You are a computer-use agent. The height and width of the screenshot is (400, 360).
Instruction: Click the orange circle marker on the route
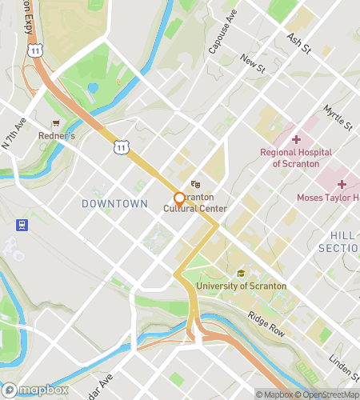click(x=179, y=198)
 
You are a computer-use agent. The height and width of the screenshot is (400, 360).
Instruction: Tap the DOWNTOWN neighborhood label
click(x=114, y=204)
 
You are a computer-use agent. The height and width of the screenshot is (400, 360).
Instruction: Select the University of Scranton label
click(x=240, y=286)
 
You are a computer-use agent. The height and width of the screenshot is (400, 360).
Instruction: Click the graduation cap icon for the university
click(x=240, y=274)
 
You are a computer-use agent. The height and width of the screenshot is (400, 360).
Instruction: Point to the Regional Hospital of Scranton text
click(x=295, y=158)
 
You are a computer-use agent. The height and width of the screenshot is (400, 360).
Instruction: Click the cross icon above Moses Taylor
click(x=341, y=184)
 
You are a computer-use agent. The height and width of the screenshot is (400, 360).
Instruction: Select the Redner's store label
click(x=56, y=136)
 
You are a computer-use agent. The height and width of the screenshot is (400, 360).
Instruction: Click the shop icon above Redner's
click(x=55, y=123)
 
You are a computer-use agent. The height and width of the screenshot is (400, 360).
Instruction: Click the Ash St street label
click(x=298, y=44)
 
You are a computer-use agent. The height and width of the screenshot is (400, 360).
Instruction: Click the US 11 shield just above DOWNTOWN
click(x=120, y=146)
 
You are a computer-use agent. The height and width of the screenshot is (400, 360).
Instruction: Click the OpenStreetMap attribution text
click(x=326, y=394)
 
